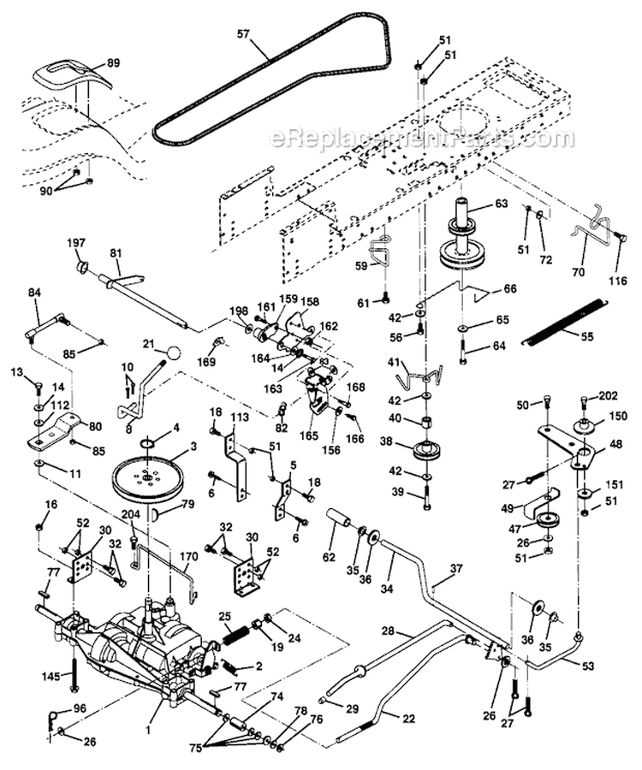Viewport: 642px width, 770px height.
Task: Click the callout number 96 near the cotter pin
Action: click(80, 708)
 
